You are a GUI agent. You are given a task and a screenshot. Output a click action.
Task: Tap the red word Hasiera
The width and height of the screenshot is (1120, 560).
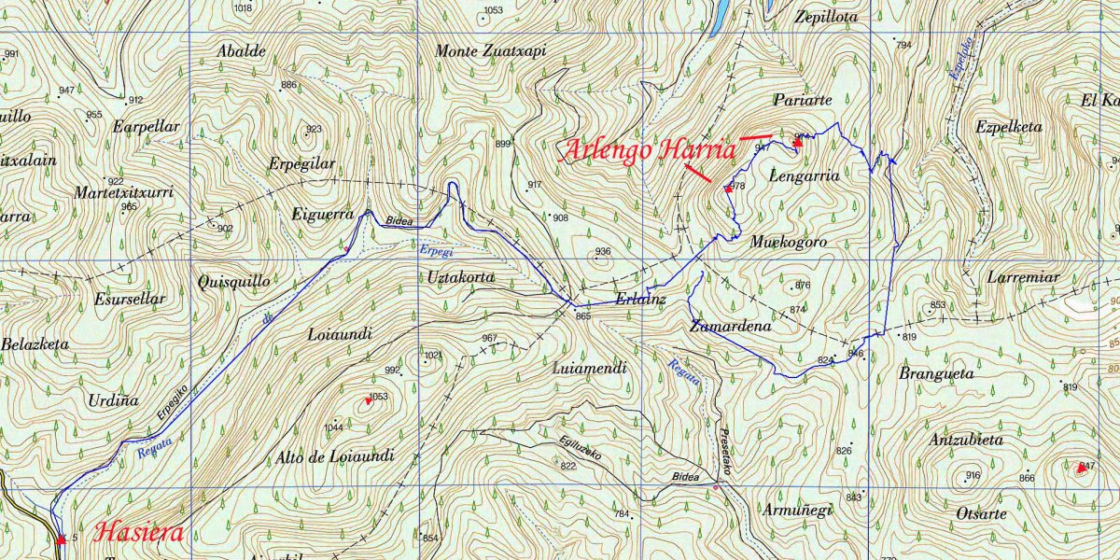click(x=139, y=535)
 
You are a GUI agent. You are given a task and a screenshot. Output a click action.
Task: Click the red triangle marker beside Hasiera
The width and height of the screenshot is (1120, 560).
click(x=62, y=539)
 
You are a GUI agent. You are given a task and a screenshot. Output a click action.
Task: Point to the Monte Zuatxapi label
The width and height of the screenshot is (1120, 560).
click(x=490, y=52)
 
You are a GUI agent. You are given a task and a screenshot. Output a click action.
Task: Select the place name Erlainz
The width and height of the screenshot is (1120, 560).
click(x=640, y=300)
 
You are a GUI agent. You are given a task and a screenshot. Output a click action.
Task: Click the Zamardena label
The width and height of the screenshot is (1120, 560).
click(x=731, y=327)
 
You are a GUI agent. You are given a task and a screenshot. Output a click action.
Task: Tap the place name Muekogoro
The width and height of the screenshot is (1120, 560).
click(x=789, y=242)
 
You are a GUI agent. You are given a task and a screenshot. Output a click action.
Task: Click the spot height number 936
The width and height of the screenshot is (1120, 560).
click(x=603, y=252)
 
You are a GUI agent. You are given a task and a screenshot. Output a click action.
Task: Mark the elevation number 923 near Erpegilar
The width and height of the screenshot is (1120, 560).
click(x=314, y=130)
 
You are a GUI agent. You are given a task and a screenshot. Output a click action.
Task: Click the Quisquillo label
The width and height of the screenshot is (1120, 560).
click(x=233, y=281)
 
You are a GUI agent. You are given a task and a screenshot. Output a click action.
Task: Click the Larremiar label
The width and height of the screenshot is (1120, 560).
click(x=1023, y=277)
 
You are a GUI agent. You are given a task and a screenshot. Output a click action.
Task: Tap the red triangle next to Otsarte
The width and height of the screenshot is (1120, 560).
click(x=1082, y=468)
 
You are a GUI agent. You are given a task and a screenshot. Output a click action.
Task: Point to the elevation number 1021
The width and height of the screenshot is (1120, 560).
click(x=432, y=356)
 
